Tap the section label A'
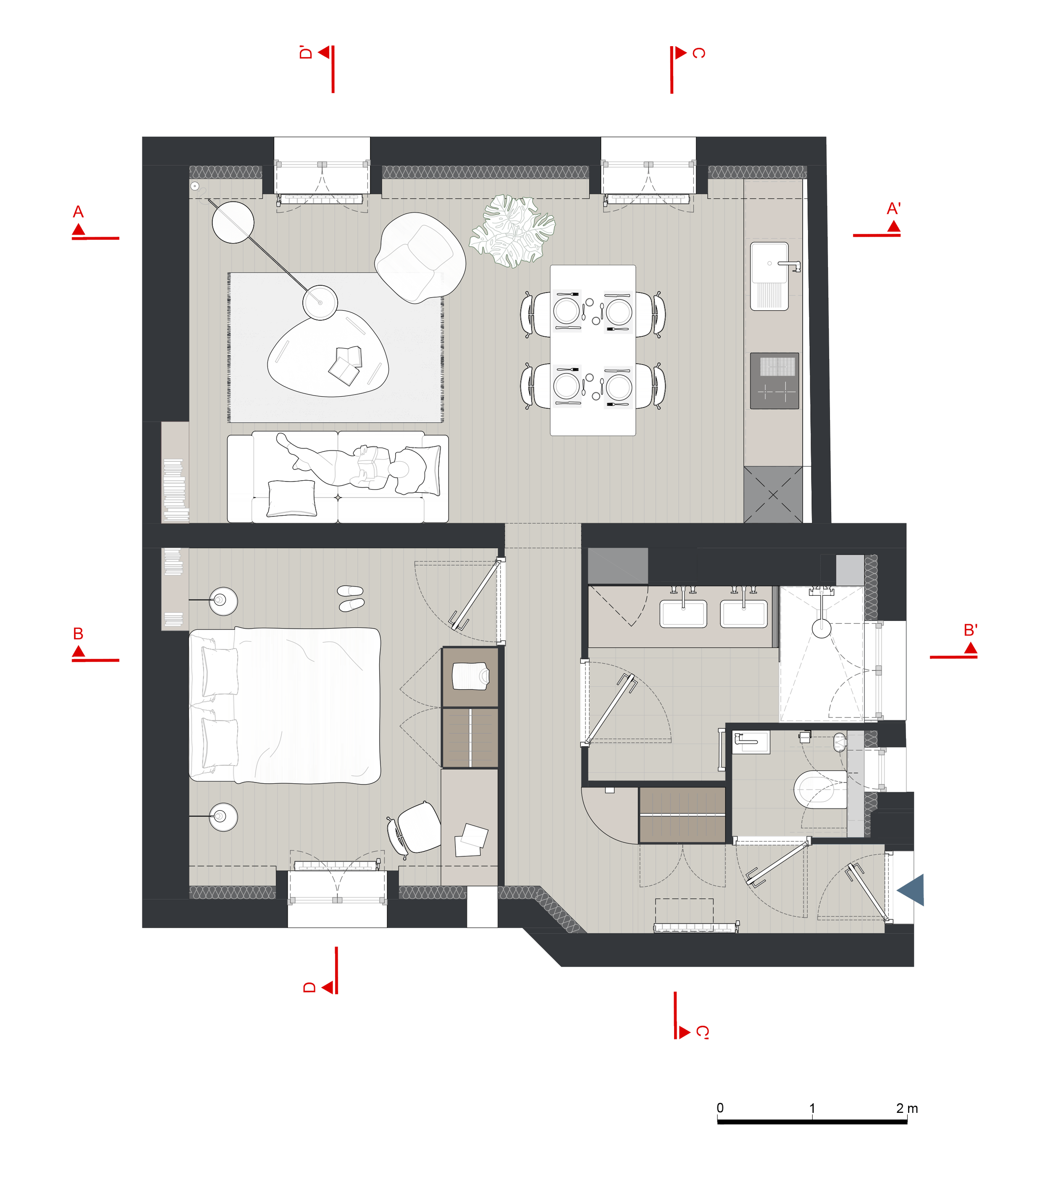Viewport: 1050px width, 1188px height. pos(894,209)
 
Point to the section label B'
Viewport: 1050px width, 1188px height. pos(970,630)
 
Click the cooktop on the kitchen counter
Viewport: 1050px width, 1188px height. pos(774,381)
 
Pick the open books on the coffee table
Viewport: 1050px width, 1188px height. pos(346,364)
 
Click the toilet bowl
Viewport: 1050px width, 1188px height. pos(820,789)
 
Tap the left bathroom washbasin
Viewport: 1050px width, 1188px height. pos(683,614)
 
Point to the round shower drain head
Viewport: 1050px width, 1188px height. pos(822,629)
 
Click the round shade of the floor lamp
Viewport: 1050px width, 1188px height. pos(233,222)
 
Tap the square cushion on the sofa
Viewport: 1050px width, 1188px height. pos(291,499)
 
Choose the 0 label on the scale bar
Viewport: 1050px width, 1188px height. pos(720,1108)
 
